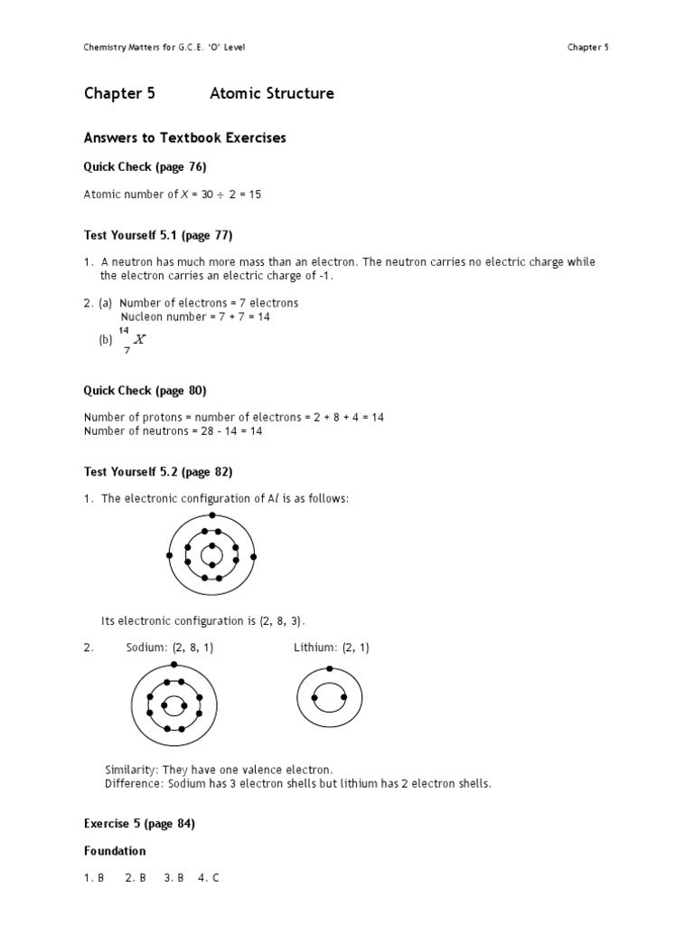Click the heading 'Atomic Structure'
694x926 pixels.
(x=272, y=93)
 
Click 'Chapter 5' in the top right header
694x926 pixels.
(x=587, y=47)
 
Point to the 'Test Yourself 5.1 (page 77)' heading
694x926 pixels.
(x=158, y=235)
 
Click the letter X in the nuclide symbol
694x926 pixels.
(x=139, y=340)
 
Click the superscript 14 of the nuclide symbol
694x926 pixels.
(x=125, y=330)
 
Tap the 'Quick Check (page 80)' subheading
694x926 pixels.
(x=145, y=391)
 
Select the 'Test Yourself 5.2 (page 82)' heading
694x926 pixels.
(x=158, y=472)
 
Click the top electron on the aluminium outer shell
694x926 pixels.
(x=212, y=515)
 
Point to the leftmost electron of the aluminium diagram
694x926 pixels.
(x=169, y=556)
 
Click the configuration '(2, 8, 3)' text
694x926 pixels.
(x=281, y=621)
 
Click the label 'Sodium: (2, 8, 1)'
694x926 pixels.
(x=170, y=647)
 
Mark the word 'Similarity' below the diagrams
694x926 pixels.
(x=131, y=770)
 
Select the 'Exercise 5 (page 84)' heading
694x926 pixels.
(x=139, y=824)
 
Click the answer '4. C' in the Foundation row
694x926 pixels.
(x=209, y=877)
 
